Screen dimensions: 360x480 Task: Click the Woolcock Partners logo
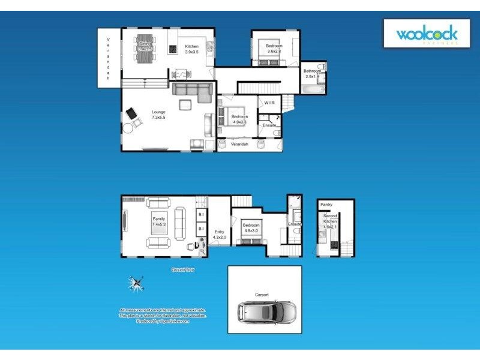[x=427, y=34]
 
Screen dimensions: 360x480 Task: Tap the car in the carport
[x=264, y=311]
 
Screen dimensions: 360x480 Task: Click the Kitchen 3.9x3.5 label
[x=191, y=49]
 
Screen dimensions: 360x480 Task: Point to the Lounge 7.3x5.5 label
[x=158, y=115]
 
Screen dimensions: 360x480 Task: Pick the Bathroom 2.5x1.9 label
[x=313, y=74]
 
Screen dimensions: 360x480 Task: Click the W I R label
[x=269, y=103]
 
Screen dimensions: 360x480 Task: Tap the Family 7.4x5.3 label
[x=158, y=221]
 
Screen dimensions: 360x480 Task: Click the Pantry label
[x=326, y=205]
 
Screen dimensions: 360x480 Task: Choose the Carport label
[x=262, y=295]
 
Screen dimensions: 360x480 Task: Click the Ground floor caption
[x=182, y=270]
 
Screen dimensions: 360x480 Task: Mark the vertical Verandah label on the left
[x=109, y=59]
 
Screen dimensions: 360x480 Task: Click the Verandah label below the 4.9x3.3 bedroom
[x=239, y=144]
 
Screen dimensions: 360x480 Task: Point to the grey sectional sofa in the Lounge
[x=192, y=91]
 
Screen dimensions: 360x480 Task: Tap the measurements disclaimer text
[x=163, y=316]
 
